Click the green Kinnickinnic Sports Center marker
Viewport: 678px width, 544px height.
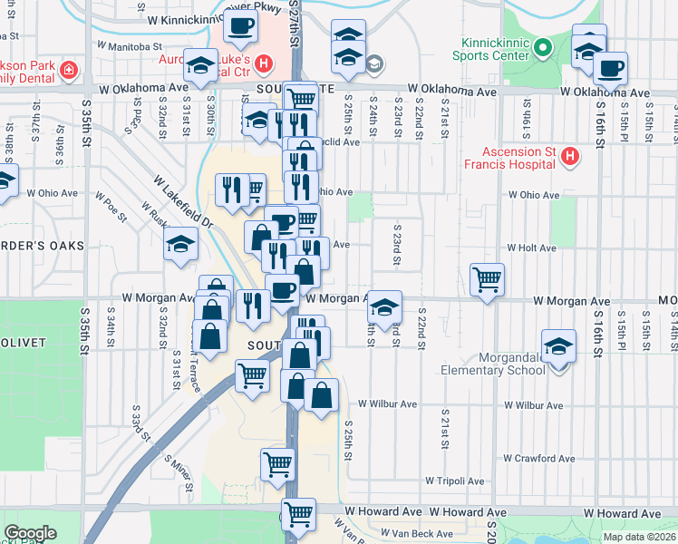coord(543,47)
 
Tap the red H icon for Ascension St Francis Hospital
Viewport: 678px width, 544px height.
coord(570,158)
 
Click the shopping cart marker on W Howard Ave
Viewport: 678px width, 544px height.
coord(298,516)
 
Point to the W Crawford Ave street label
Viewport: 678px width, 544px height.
coord(539,459)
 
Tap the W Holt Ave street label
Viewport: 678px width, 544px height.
coord(531,248)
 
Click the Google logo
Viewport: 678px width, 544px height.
coord(30,533)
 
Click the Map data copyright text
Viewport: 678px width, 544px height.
coord(640,537)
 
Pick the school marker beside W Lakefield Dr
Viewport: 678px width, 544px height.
coord(180,244)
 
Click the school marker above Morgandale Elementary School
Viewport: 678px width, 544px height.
coord(558,346)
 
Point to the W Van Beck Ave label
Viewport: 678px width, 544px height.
coord(416,533)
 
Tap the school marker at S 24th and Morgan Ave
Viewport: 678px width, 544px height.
coord(384,308)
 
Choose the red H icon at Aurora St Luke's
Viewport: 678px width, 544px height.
coord(263,63)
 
